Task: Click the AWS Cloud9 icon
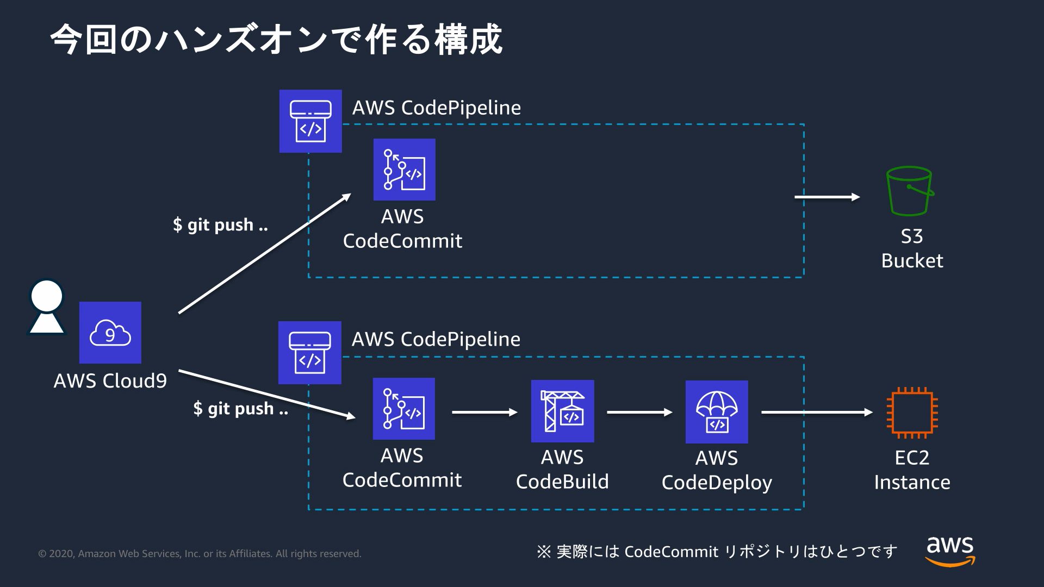click(x=110, y=333)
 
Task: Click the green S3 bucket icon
click(x=910, y=191)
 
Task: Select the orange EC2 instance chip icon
click(x=912, y=413)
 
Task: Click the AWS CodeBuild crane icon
click(x=562, y=411)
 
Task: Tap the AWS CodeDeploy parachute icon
click(x=717, y=412)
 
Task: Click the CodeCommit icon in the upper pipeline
click(x=404, y=170)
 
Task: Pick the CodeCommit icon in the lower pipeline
click(x=403, y=409)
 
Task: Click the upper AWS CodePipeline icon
click(x=310, y=121)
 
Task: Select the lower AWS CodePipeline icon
click(x=309, y=353)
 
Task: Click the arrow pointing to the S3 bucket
click(x=827, y=197)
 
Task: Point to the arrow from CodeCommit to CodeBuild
click(x=484, y=413)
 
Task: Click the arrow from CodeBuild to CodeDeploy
click(x=639, y=413)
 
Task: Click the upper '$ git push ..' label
click(x=220, y=224)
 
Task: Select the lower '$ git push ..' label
click(x=241, y=408)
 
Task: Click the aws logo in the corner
click(x=950, y=550)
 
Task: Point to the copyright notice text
click(x=200, y=554)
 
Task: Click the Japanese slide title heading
click(x=276, y=39)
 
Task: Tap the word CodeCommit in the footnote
click(x=671, y=552)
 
